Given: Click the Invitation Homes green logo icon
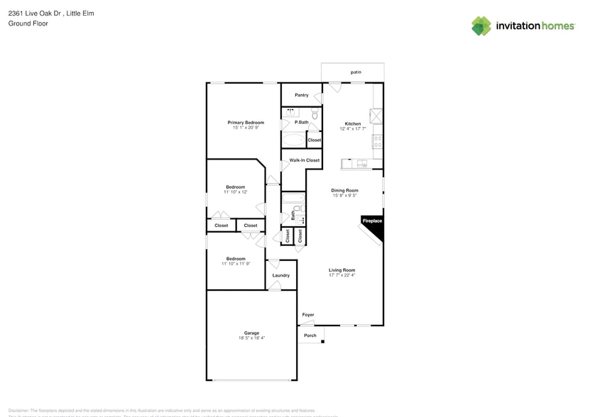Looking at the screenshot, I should (x=481, y=26).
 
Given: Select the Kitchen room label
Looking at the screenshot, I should (x=353, y=123).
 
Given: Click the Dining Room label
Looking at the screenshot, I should (x=344, y=190).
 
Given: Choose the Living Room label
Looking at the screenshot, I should (x=342, y=269).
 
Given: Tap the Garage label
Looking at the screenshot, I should (x=251, y=333).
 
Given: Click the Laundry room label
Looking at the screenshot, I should (x=280, y=275).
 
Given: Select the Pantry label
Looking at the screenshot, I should (x=301, y=95).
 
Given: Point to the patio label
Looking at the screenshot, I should (x=356, y=72).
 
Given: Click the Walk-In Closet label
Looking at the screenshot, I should (x=304, y=160).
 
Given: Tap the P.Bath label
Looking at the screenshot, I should (x=302, y=123).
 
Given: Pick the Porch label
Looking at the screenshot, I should (x=310, y=335).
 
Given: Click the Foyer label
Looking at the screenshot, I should (x=308, y=315).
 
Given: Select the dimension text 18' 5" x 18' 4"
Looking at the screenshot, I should (x=251, y=338).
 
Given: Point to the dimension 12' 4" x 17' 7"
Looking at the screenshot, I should (x=353, y=129).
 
